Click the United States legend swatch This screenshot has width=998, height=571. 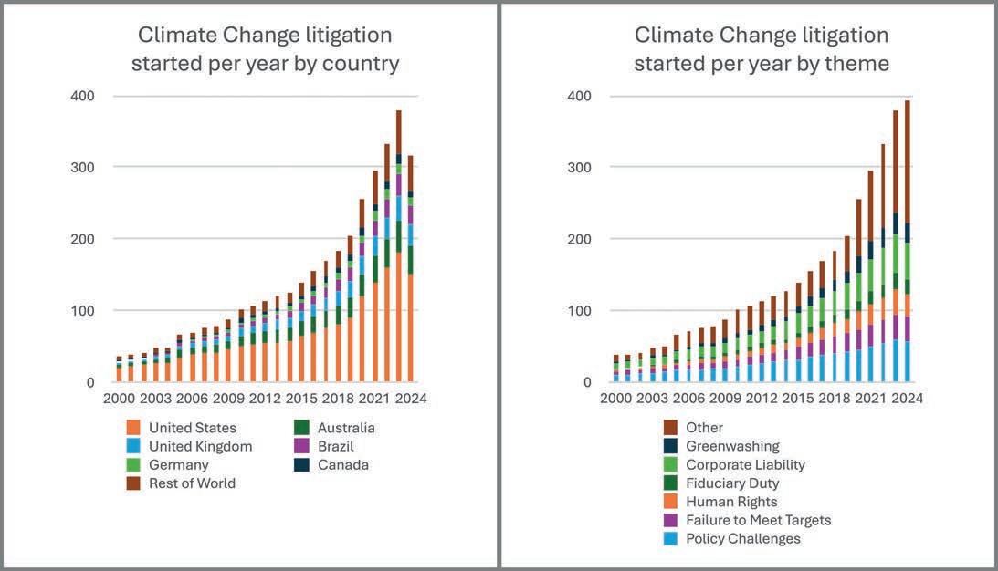[x=131, y=428]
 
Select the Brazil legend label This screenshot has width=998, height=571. [x=334, y=446]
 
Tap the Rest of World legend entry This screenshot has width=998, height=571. [x=192, y=483]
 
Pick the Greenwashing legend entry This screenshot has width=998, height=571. [x=732, y=446]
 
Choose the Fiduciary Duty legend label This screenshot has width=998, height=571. [x=732, y=483]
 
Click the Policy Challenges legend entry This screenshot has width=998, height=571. [x=742, y=538]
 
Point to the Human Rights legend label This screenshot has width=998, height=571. [x=731, y=502]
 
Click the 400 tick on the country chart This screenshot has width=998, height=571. [x=83, y=96]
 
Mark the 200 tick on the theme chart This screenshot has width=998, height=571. [x=580, y=239]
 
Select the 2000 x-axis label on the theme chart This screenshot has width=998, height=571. [x=616, y=399]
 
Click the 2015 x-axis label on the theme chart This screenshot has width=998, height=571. [x=797, y=399]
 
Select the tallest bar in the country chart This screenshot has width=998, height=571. [x=399, y=246]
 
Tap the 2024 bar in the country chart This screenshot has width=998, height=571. [x=411, y=269]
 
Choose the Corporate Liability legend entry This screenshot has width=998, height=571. [x=745, y=465]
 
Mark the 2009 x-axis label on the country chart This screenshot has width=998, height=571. [x=228, y=399]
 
